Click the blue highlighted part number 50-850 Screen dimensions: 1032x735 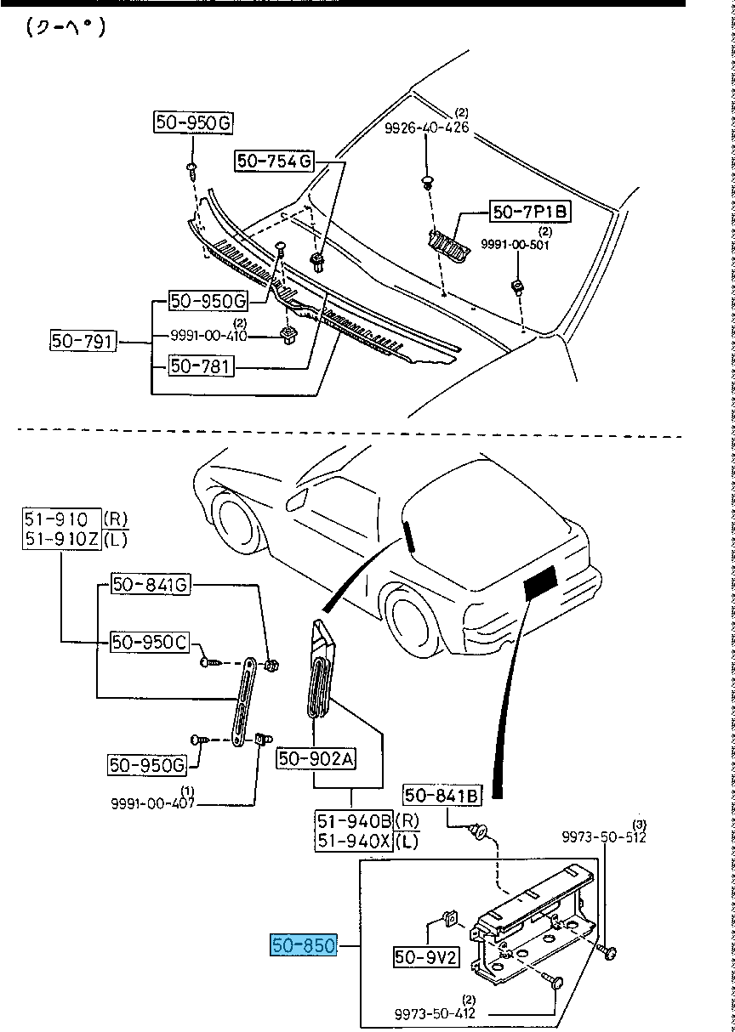[x=305, y=944]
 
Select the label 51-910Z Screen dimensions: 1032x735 [x=63, y=538]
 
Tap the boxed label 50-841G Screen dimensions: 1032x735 [x=149, y=585]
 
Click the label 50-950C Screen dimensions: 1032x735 [x=149, y=642]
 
